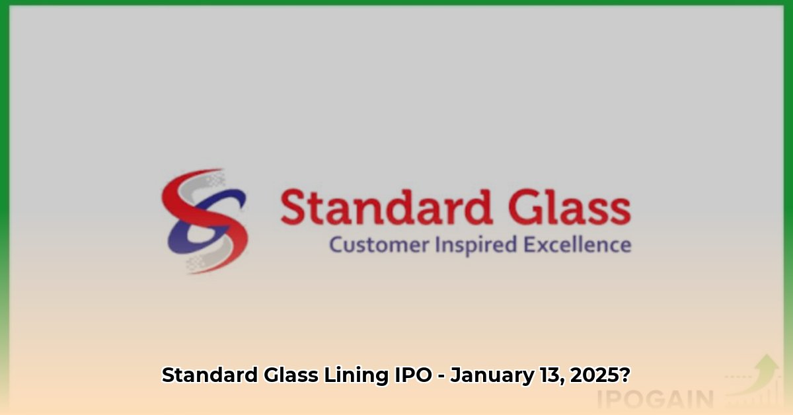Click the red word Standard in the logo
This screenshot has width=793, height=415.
pos(387,207)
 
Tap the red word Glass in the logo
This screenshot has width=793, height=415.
pos(570,207)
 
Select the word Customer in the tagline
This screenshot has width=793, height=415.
pos(379,245)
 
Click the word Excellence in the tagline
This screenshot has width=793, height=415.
pos(578,245)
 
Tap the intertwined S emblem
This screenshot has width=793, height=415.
pos(204,221)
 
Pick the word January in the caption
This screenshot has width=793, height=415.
pos(492,375)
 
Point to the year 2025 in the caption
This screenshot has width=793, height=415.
pos(594,375)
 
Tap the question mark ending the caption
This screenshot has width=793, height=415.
pos(624,375)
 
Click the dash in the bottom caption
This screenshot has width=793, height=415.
pos(441,377)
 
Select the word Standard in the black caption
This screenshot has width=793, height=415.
pos(210,375)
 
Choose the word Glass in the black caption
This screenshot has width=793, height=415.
pos(291,375)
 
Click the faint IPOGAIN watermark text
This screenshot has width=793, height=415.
pos(655,399)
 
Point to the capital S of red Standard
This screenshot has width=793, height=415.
pos(293,207)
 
